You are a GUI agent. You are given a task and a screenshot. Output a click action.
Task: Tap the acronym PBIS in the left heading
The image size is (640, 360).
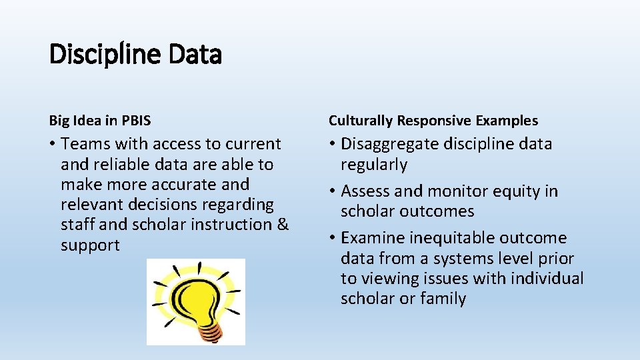(x=136, y=121)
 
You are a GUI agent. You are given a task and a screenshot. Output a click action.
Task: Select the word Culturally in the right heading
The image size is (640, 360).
(x=360, y=121)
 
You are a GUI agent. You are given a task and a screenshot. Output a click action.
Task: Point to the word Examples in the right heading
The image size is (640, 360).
(x=507, y=121)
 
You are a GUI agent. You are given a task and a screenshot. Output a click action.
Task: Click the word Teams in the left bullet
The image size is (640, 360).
(x=85, y=144)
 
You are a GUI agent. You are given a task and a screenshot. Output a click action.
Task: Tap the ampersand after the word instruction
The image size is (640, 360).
(x=283, y=225)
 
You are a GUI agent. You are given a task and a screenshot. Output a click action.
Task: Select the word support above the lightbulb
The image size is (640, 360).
(x=90, y=245)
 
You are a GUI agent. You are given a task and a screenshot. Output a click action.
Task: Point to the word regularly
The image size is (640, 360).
(x=373, y=165)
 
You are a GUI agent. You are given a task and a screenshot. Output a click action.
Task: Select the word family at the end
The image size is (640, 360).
(x=443, y=299)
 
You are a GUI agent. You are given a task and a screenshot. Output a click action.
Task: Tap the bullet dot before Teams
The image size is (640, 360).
(x=53, y=145)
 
